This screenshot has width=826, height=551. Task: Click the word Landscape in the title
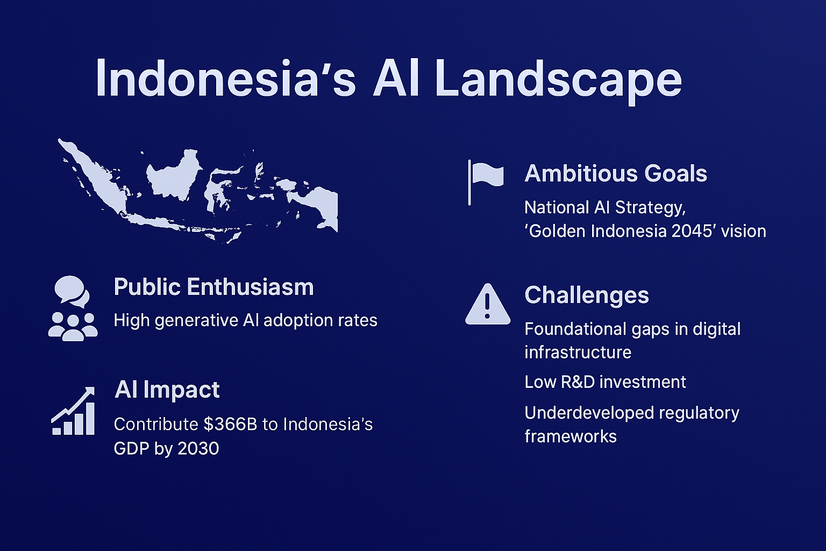tap(558, 82)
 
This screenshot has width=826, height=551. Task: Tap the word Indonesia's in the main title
tap(226, 78)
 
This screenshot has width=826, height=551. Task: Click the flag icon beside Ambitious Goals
tap(485, 182)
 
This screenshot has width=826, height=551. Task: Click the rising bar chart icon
tap(73, 411)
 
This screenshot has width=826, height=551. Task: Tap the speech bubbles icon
tap(72, 291)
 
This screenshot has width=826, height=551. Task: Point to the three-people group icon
tap(73, 327)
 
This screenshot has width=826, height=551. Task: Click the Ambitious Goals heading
tap(615, 173)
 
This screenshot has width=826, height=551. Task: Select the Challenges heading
tap(586, 295)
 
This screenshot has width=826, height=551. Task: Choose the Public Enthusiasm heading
tap(213, 287)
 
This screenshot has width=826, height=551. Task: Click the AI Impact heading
tap(167, 390)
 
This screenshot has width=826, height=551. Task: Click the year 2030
tap(198, 449)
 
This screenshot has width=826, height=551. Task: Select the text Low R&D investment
tap(605, 382)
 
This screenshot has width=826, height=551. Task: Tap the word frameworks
tap(571, 436)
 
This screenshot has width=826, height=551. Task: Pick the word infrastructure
tap(578, 352)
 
